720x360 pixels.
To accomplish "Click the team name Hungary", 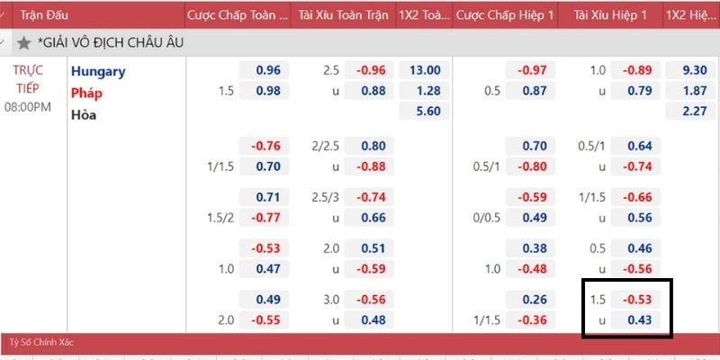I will [x=98, y=71].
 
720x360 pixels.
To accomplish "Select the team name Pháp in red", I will [x=86, y=93].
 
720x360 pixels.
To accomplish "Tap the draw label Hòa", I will [x=84, y=114].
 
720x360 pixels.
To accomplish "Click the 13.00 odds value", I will [x=424, y=70].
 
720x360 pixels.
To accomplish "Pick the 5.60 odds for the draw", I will [x=424, y=112].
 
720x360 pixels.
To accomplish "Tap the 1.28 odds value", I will [x=424, y=91].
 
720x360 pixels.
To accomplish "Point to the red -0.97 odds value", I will [x=533, y=70].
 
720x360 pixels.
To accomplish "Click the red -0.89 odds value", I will [x=638, y=70].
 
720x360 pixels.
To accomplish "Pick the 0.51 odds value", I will [x=373, y=248].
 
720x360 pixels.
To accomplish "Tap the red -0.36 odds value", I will [x=533, y=319].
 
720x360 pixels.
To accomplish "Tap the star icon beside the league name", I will [x=23, y=42].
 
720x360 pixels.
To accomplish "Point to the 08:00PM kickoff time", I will [x=29, y=107].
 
